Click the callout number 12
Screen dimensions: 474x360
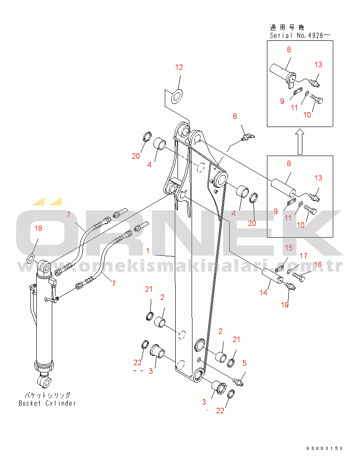pos(179,68)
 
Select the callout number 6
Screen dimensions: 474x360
pos(235,117)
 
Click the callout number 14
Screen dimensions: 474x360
pos(264,293)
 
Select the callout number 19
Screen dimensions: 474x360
pos(284,305)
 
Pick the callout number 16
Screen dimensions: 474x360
pos(318,264)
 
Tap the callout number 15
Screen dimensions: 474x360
pos(289,248)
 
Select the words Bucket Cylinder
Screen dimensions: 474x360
pos(47,403)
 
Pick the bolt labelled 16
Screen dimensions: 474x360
pos(299,275)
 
